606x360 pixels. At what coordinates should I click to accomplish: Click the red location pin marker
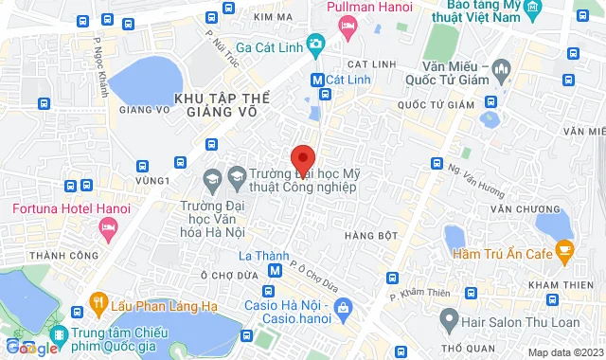tap(302, 159)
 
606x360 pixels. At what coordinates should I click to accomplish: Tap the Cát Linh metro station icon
tap(316, 81)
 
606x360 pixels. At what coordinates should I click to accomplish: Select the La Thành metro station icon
tap(275, 272)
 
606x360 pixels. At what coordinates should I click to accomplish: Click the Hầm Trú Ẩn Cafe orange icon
tap(565, 251)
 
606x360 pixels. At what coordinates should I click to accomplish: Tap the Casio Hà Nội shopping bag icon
tap(343, 306)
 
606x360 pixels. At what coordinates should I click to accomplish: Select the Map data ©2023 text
tap(562, 352)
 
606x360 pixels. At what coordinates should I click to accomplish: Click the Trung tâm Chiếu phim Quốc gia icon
tap(59, 333)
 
